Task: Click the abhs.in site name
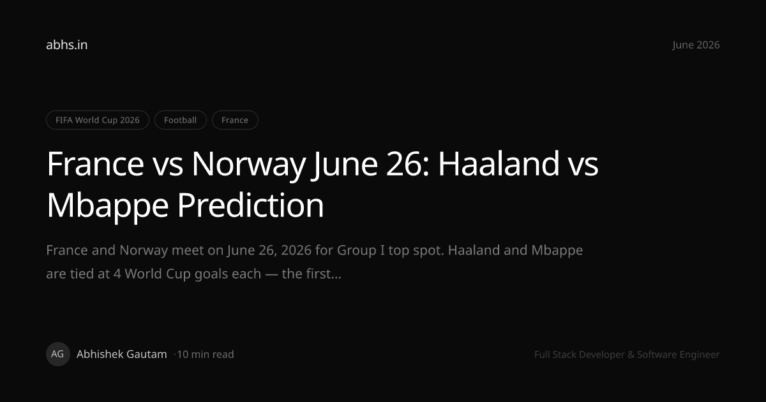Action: [66, 45]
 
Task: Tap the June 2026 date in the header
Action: [696, 45]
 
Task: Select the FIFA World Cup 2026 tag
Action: [98, 120]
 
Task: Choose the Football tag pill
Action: [180, 120]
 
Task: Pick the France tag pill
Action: [235, 120]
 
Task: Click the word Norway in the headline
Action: [248, 165]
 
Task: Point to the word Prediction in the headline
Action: [250, 205]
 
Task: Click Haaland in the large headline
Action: [499, 163]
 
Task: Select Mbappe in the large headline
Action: [108, 205]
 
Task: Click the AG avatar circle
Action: [58, 354]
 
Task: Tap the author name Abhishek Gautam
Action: [122, 354]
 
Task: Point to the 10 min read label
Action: [205, 354]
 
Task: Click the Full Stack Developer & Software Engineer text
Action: [627, 355]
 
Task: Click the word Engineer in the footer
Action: [700, 355]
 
